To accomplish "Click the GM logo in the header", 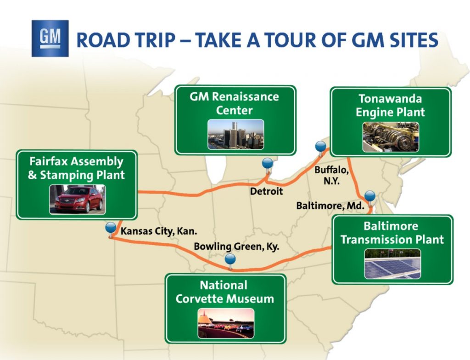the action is click(x=50, y=39).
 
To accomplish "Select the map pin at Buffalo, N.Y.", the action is click(x=321, y=149).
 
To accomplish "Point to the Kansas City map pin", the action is click(x=111, y=230).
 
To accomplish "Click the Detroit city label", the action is click(x=267, y=191).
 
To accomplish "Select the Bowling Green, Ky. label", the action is click(x=236, y=247).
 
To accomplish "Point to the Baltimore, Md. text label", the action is click(x=330, y=206).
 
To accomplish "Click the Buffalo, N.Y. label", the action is click(x=331, y=175).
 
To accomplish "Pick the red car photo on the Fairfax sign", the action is click(x=78, y=199).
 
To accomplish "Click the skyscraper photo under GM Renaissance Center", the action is click(x=236, y=135).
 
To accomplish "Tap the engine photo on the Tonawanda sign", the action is click(x=391, y=137).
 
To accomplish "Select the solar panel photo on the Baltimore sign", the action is click(x=393, y=264).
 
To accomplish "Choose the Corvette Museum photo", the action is click(x=226, y=323).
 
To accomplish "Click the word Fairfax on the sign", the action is click(x=48, y=161).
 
